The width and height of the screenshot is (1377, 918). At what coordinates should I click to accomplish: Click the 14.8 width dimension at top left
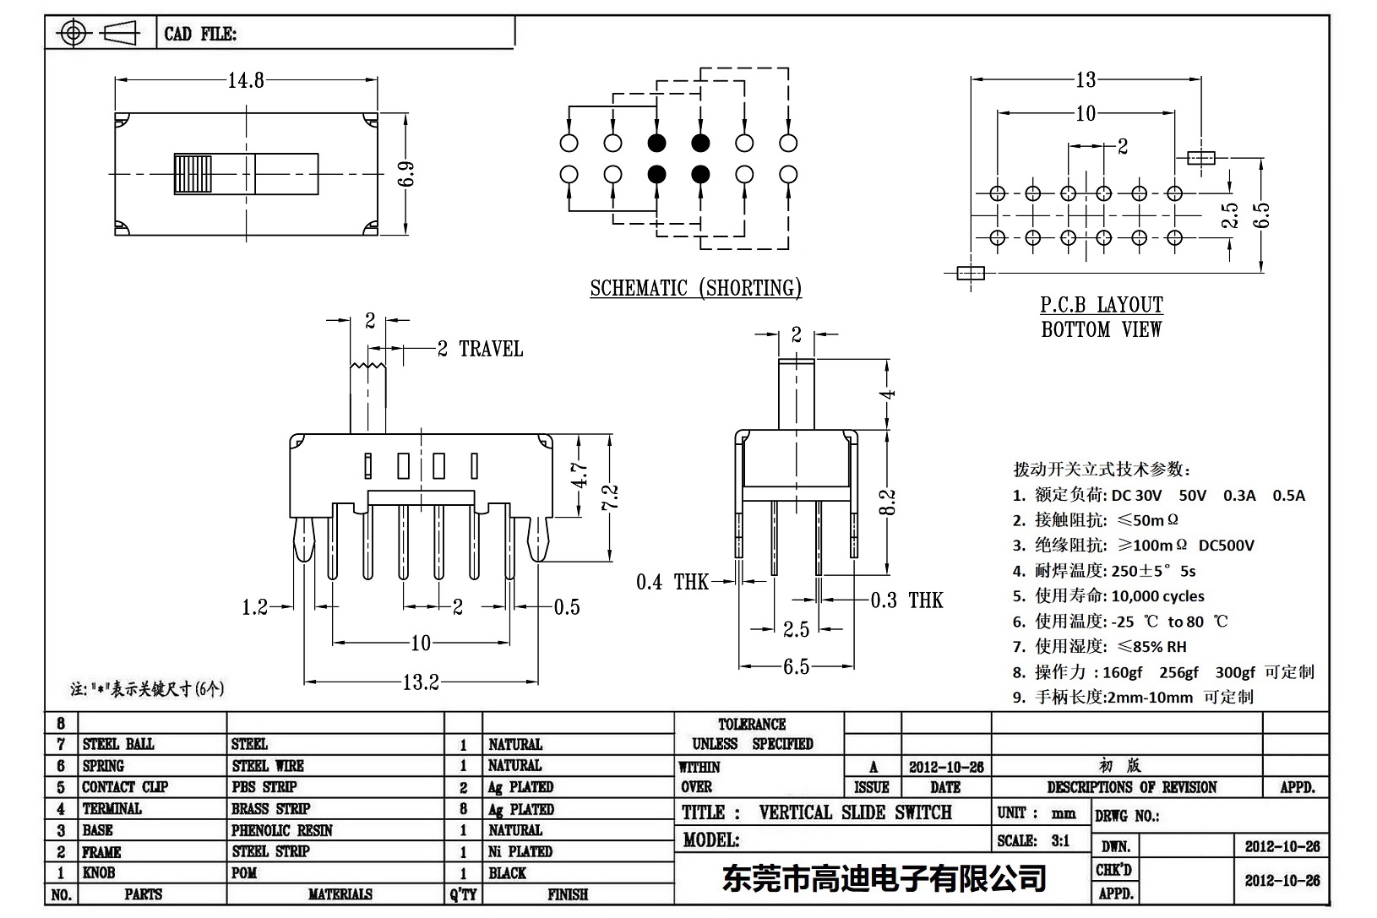tap(246, 80)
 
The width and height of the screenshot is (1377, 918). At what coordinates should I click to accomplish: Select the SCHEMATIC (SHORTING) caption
tap(695, 289)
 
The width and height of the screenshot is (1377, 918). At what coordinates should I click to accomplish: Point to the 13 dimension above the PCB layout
tap(1086, 80)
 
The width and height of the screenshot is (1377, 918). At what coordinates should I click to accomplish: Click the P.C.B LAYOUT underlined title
tap(1102, 305)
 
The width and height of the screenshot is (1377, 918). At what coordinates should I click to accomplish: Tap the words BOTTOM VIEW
tap(1102, 330)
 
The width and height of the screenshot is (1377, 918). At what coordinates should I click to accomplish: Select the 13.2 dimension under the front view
tap(421, 682)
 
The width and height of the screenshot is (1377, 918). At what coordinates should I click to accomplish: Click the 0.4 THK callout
tap(673, 582)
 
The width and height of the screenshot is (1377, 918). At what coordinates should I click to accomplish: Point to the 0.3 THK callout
tap(907, 600)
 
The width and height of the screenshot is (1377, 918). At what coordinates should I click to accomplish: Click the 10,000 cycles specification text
tap(1157, 596)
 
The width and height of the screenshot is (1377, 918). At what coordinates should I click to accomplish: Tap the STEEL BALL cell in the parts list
tap(118, 745)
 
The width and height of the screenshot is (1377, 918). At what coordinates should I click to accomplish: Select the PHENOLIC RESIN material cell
tap(282, 831)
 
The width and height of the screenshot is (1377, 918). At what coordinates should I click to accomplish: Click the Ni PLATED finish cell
tap(520, 852)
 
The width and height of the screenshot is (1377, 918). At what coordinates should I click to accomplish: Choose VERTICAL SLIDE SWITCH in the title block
tap(855, 813)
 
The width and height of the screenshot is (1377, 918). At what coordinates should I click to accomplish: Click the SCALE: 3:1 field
tap(1033, 841)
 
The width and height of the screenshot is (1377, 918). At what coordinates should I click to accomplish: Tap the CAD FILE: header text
tap(200, 35)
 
